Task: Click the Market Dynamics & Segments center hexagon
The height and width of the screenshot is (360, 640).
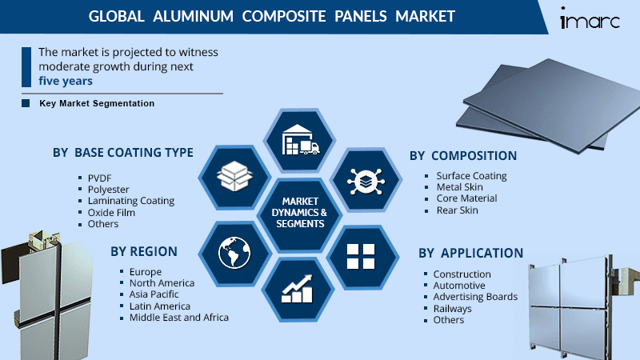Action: (x=298, y=213)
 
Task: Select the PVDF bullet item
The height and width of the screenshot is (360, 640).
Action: (x=100, y=178)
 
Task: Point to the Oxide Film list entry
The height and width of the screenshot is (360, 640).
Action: (x=111, y=213)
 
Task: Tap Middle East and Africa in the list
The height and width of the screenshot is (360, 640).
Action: (x=179, y=318)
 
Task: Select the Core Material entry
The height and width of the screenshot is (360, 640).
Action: (x=466, y=198)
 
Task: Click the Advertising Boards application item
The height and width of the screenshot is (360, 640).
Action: (x=475, y=297)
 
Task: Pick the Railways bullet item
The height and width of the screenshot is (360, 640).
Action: (x=453, y=308)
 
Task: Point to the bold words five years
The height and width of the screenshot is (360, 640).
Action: (x=66, y=81)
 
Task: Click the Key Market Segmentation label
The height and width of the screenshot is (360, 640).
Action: (x=97, y=104)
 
